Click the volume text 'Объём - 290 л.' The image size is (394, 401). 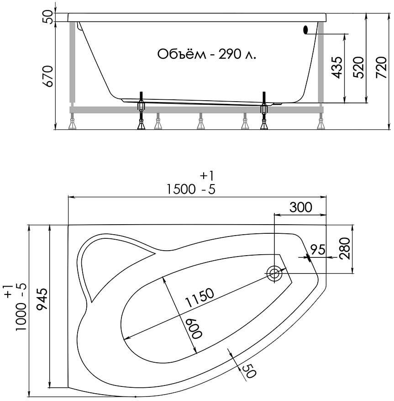(x=206, y=54)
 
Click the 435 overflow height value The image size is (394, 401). (x=336, y=67)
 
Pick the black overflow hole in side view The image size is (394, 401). (x=305, y=30)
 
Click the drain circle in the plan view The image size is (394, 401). (x=274, y=273)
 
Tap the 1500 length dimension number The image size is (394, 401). (x=181, y=190)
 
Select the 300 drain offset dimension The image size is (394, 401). (x=301, y=207)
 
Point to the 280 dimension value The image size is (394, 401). (x=345, y=248)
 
